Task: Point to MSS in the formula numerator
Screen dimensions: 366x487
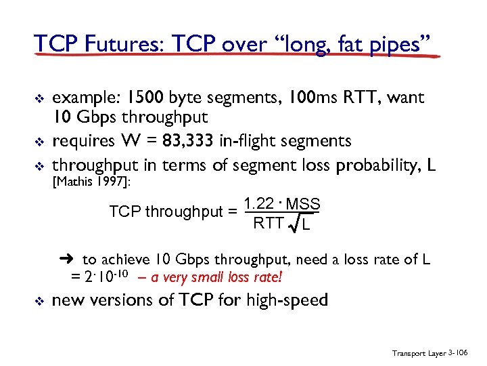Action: point(303,204)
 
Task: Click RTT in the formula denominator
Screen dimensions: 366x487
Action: point(268,224)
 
